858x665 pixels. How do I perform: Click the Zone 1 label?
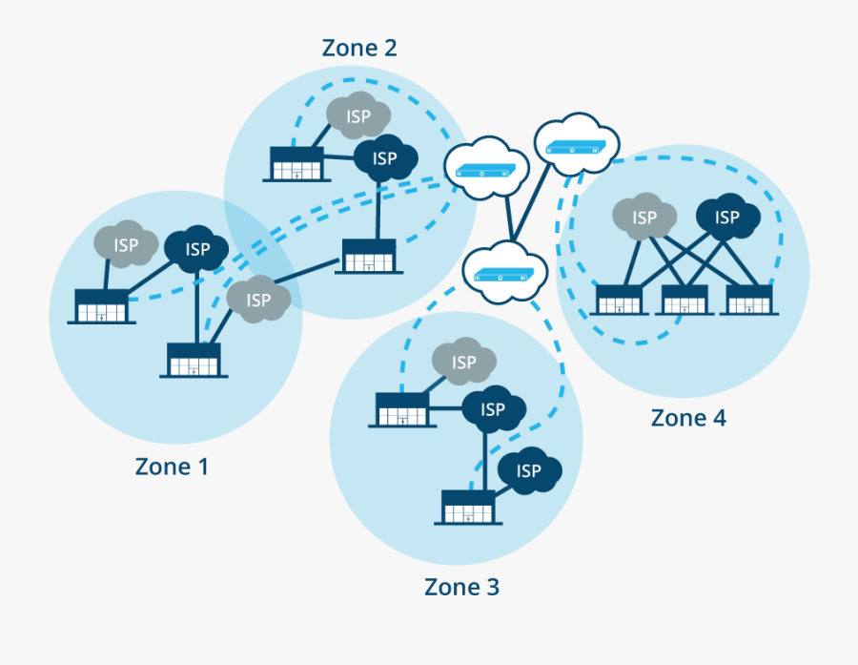tap(172, 467)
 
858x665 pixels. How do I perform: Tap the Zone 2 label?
tap(359, 48)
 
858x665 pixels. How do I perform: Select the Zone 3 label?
tap(461, 587)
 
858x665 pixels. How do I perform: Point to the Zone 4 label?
tap(688, 418)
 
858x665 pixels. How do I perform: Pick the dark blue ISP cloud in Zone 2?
tap(385, 158)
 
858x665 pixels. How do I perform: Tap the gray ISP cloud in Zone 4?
tap(644, 218)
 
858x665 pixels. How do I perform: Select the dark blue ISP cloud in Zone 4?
tap(727, 218)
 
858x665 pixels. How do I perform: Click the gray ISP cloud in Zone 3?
tap(464, 363)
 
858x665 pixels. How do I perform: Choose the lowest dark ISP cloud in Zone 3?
tap(529, 470)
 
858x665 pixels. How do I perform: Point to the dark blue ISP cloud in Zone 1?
tap(197, 250)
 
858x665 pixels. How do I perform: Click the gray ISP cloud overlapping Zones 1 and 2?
tap(258, 300)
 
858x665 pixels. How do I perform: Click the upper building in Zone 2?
tap(296, 163)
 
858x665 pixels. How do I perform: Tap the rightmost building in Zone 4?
tap(748, 300)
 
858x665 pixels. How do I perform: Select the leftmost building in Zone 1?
tap(101, 305)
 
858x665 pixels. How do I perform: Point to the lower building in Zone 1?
tap(194, 360)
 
